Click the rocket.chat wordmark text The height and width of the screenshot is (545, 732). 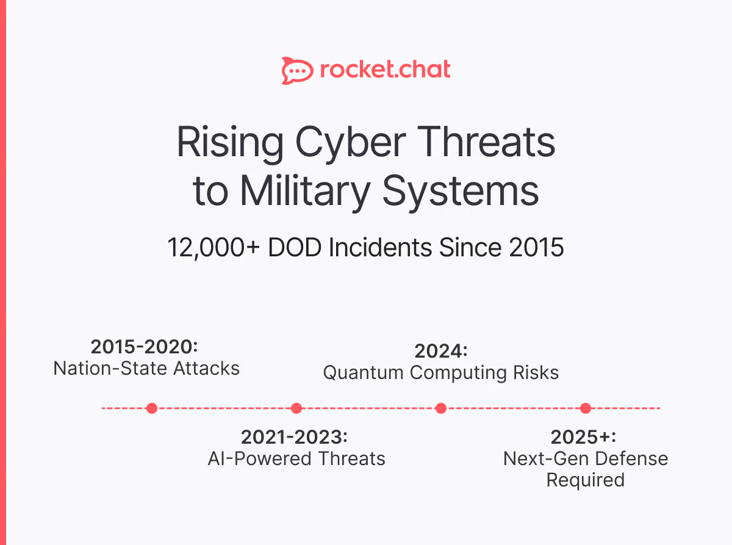385,70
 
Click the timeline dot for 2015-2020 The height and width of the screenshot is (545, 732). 152,408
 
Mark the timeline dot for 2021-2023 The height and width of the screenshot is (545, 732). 296,408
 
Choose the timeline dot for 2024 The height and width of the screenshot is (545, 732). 441,408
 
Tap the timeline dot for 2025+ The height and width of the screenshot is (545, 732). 586,408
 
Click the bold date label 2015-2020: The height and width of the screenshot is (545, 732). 145,347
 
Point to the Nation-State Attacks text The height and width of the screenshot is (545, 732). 146,368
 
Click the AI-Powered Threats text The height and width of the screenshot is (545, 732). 296,458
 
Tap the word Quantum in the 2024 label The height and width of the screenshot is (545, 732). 364,372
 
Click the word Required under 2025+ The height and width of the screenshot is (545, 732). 585,480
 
